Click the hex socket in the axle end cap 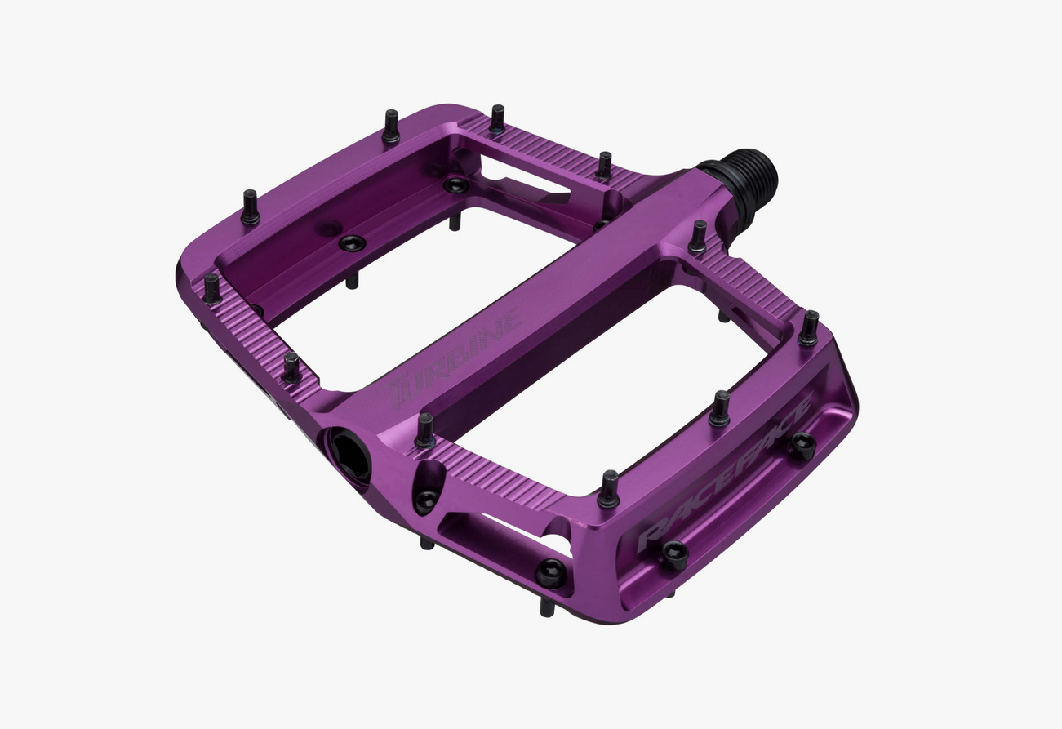pos(349,456)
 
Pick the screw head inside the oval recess pos(426,500)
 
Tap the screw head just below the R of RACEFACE pos(674,554)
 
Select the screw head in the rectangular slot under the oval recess pos(551,574)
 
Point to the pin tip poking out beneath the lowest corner pos(547,608)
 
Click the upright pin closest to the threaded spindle pos(698,236)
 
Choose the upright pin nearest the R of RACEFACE pos(609,488)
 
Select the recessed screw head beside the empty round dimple pos(352,242)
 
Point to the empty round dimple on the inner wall pos(329,228)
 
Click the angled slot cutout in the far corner pos(522,176)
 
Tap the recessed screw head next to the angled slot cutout pos(455,185)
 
